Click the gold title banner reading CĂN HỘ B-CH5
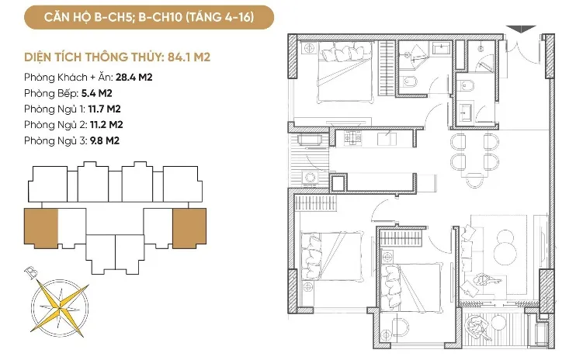tap(149, 17)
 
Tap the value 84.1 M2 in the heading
tap(189, 57)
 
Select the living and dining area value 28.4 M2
tap(134, 78)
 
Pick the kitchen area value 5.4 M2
tap(96, 93)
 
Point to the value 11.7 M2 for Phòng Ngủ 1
tap(104, 109)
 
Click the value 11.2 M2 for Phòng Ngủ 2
tap(106, 125)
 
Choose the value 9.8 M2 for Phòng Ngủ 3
tap(105, 141)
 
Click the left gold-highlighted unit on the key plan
tap(41, 227)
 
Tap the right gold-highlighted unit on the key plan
tap(189, 227)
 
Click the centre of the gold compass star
tap(60, 306)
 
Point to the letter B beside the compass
tap(31, 272)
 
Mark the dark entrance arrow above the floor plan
tap(521, 29)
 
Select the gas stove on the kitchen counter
tap(352, 138)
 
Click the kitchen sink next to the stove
tap(387, 139)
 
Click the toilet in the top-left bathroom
tap(408, 81)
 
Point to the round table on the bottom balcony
tap(498, 323)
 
